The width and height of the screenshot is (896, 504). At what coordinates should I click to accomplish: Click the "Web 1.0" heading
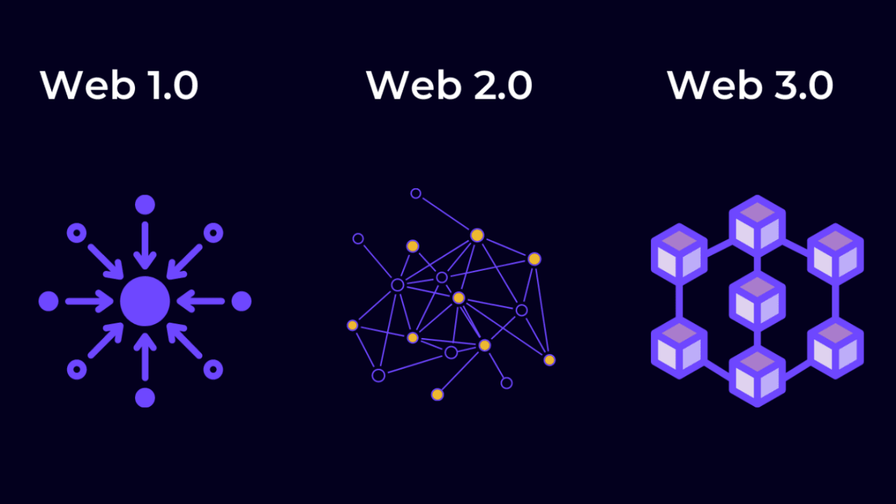click(x=119, y=85)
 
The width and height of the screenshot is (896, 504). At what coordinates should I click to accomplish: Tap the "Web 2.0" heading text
click(x=449, y=85)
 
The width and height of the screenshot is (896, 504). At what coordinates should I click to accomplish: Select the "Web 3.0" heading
click(x=750, y=85)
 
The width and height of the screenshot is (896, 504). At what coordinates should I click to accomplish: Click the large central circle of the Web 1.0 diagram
click(x=145, y=302)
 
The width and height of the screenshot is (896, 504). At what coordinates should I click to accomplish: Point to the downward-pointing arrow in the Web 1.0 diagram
click(x=145, y=245)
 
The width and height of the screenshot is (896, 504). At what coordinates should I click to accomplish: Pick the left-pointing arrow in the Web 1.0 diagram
click(x=201, y=302)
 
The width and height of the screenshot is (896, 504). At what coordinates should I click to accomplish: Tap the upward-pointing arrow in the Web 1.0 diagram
click(x=145, y=358)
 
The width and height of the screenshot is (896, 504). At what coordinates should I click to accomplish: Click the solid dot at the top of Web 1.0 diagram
click(x=145, y=205)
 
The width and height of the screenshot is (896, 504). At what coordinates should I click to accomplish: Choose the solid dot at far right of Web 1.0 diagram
click(x=241, y=302)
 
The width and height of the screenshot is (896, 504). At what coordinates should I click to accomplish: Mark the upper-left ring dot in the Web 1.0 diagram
click(x=76, y=233)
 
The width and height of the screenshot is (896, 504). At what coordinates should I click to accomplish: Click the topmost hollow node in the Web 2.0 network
click(x=416, y=193)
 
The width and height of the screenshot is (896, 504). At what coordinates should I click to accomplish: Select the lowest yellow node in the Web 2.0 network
click(x=437, y=395)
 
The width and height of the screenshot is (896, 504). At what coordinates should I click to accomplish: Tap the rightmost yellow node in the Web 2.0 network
click(x=549, y=360)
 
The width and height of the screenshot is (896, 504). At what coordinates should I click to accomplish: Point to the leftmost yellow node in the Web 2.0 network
click(x=353, y=325)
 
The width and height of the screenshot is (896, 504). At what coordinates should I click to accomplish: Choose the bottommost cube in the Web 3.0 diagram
click(x=757, y=377)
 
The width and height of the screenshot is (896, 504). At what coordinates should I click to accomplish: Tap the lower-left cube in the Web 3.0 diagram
click(x=679, y=348)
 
